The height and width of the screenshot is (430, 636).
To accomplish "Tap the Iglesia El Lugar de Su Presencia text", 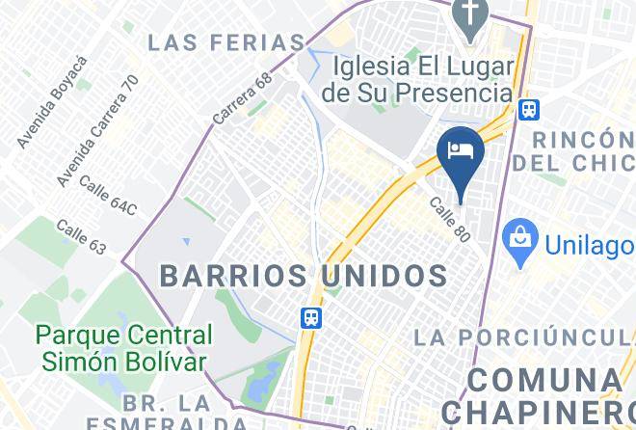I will pos(422,79).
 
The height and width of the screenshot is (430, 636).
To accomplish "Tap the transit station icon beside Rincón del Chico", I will pos(528,110).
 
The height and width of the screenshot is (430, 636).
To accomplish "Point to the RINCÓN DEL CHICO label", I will pos(574,149).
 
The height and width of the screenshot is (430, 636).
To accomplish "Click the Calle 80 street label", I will pos(449,220).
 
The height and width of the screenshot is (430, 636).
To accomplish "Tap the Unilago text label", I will pos(589,244).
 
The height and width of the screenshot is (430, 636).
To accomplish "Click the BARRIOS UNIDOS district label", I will pos(304,275).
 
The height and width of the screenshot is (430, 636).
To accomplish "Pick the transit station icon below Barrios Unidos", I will pos(310,317).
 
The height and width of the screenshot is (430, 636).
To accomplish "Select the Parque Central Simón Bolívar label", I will pos(123,348).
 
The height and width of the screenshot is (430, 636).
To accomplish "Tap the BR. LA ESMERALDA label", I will pos(166,412).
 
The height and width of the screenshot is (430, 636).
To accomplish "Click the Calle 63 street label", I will pos(81,238).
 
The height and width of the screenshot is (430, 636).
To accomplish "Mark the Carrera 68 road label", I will pos(243,100).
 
